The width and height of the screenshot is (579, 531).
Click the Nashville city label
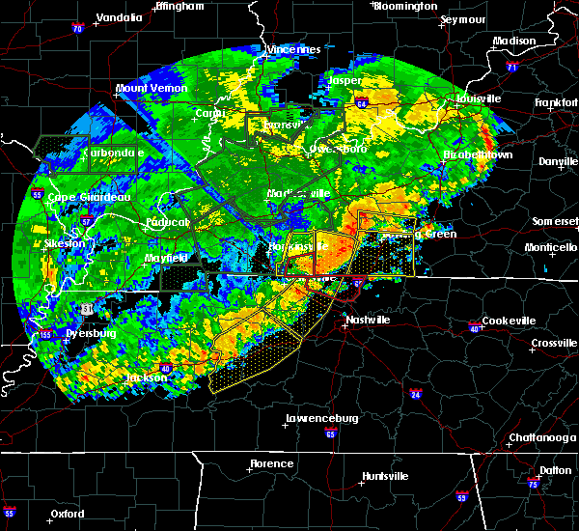368,320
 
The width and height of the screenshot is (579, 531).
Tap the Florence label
271,463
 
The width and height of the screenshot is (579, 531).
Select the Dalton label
555,469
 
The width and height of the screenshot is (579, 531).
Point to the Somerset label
554,221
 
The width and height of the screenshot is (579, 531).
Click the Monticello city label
551,247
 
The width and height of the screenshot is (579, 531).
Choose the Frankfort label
556,101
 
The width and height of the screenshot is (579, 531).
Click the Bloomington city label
405,6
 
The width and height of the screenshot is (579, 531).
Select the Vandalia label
120,17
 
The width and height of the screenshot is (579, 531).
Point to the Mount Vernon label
150,88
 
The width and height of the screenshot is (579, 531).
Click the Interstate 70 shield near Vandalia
77,30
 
